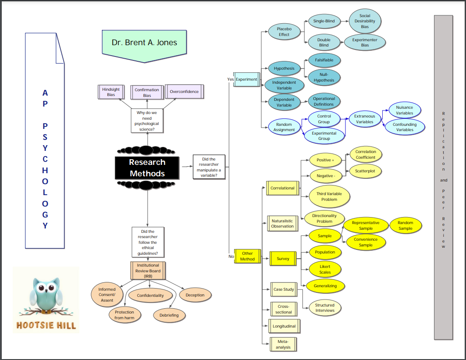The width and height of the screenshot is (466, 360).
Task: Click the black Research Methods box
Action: pos(147,168)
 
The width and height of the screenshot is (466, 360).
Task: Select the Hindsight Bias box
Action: pos(110,92)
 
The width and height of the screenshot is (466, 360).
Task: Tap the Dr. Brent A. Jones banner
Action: pos(144,43)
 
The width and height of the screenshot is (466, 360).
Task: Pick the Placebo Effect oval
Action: pos(284,32)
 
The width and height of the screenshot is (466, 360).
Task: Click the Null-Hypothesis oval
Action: pos(324,77)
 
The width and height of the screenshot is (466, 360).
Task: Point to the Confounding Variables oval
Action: pos(405,127)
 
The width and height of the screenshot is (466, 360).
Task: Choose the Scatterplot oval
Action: pos(365,171)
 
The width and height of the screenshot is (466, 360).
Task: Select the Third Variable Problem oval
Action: pos(329,196)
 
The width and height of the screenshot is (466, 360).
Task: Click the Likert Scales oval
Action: pos(325,269)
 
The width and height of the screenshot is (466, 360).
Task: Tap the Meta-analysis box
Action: pos(283,344)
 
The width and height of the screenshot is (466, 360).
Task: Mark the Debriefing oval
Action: pos(169,315)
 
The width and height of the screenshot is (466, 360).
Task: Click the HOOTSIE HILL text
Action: pos(46,325)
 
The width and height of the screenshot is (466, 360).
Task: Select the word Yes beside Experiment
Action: pos(230,79)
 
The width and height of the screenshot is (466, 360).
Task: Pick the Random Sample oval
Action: pos(406,225)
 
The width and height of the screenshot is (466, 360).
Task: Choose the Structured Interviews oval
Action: pos(325,307)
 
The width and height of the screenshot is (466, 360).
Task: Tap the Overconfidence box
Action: pos(184,92)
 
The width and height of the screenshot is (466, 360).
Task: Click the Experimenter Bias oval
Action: pos(365,42)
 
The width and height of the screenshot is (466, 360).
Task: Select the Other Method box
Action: pos(247,256)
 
